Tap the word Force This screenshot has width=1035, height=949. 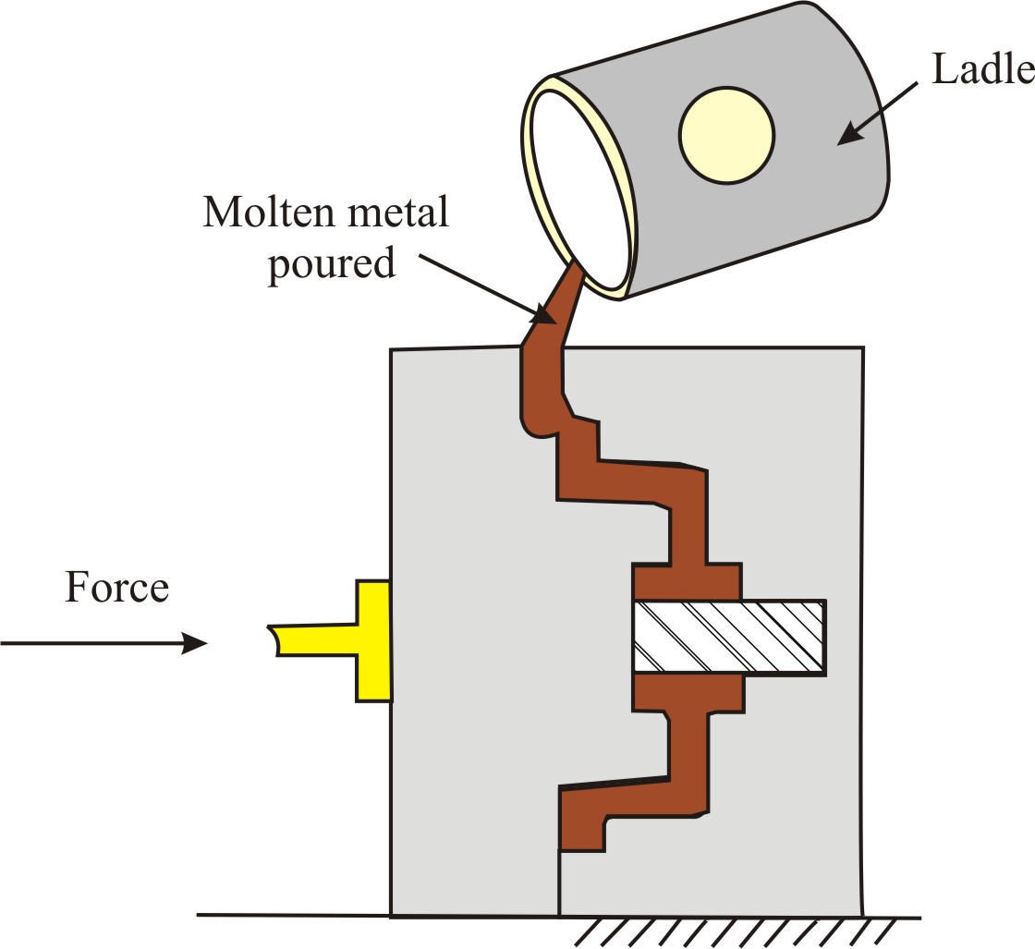[116, 588]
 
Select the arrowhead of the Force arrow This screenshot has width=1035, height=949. [193, 643]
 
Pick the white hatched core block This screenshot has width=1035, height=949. [728, 636]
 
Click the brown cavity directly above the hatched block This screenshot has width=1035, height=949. [687, 581]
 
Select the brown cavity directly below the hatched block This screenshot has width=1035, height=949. [687, 693]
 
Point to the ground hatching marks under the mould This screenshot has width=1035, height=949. [730, 931]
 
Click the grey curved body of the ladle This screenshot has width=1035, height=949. [813, 185]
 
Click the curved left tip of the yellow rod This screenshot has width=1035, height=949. [274, 640]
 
